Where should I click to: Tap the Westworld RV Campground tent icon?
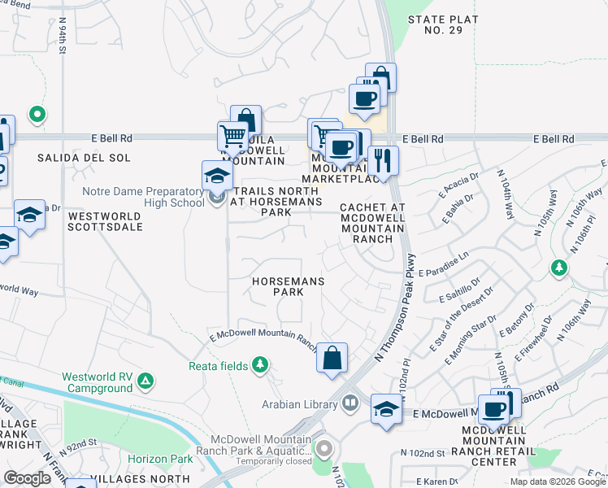145,380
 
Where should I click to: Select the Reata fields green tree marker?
260,364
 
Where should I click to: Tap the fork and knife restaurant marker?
383,159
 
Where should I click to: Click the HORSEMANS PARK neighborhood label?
288,286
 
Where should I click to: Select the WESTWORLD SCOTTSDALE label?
106,221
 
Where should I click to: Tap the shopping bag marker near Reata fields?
332,358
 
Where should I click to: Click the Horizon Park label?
165,460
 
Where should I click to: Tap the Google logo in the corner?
28,478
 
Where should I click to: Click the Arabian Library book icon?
350,403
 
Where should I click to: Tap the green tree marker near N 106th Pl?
558,267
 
